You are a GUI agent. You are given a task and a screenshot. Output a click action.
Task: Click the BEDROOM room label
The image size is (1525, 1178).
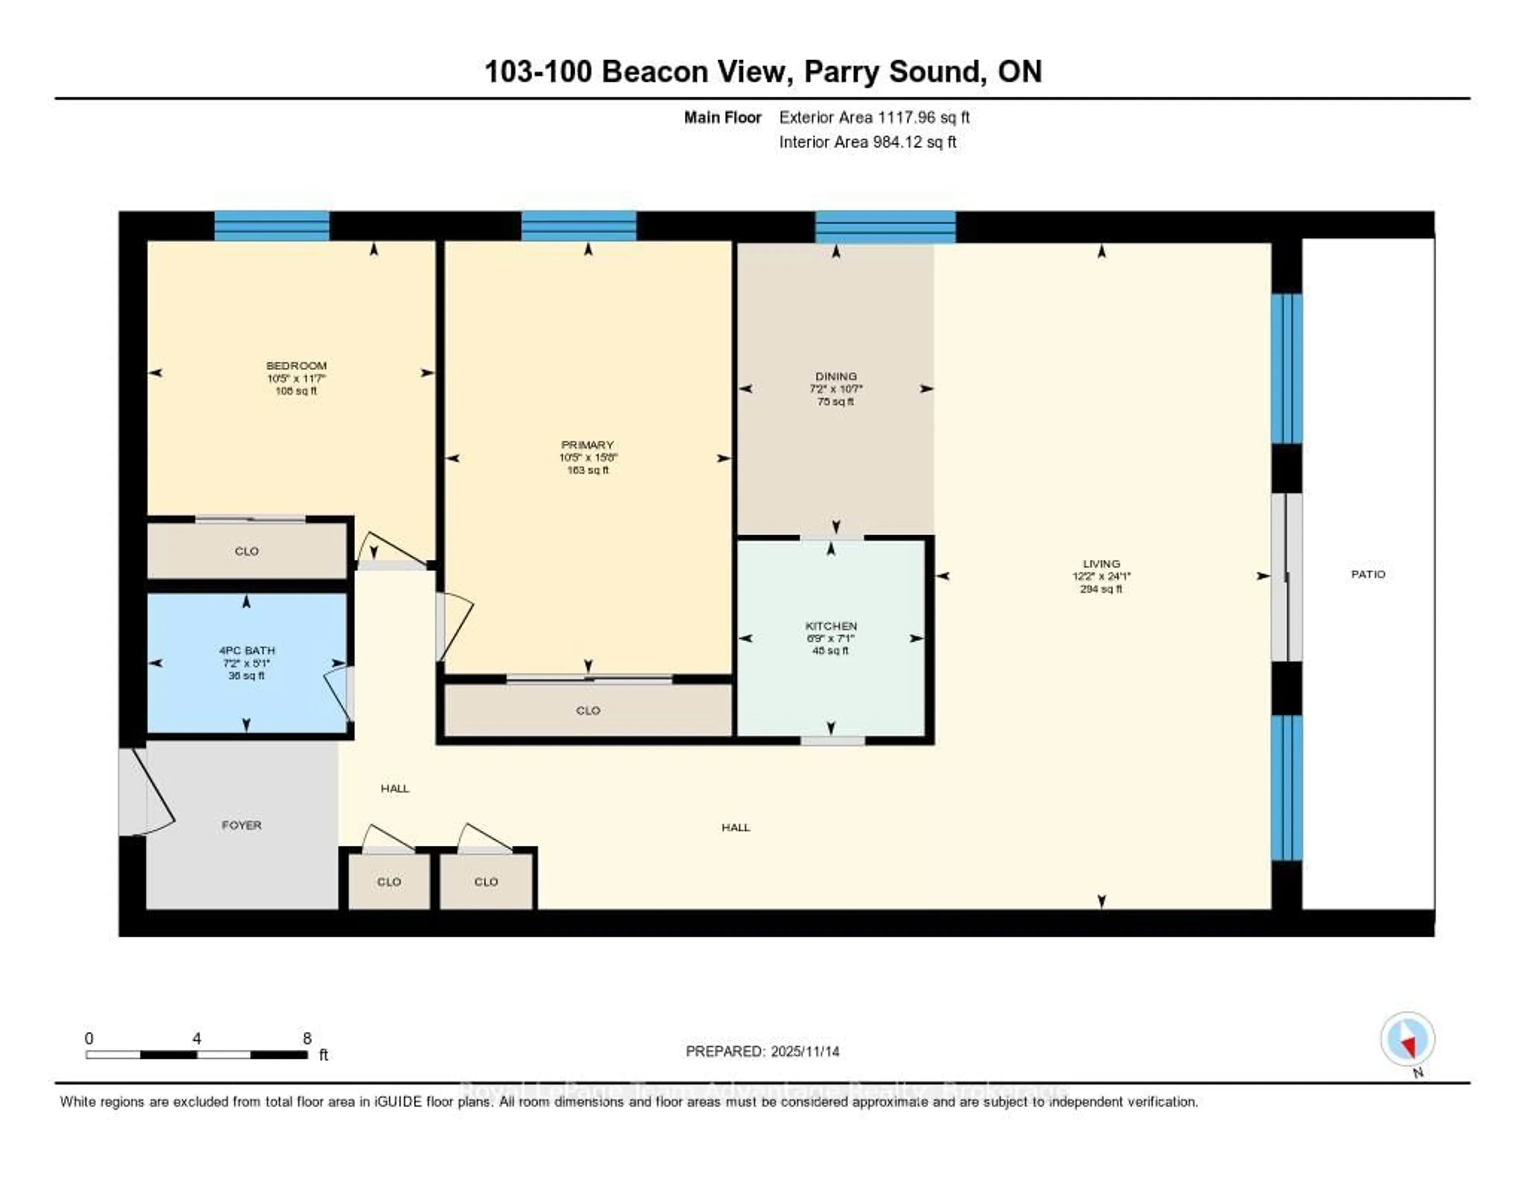(296, 366)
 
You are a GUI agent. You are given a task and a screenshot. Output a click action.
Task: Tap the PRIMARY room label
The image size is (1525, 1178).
(587, 445)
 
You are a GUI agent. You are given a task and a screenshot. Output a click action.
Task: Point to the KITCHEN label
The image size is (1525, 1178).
(831, 626)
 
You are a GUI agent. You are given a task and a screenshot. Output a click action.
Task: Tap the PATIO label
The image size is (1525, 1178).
(1368, 574)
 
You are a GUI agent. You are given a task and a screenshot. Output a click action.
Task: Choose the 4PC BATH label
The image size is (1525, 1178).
(247, 650)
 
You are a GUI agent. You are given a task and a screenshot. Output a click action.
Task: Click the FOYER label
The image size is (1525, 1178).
(241, 825)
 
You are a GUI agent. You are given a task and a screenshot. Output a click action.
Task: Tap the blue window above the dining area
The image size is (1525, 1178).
(885, 227)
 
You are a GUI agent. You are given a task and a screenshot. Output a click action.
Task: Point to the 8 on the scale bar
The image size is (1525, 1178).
(307, 1038)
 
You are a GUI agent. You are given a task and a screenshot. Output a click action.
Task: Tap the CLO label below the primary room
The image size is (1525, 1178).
(588, 710)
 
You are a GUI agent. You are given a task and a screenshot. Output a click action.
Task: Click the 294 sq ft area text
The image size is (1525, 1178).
(1101, 589)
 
